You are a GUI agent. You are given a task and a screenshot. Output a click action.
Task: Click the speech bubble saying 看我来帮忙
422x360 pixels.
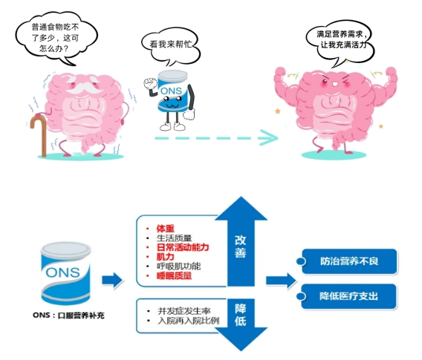click(171, 47)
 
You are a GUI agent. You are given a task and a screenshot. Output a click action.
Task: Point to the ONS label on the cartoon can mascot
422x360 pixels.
click(171, 91)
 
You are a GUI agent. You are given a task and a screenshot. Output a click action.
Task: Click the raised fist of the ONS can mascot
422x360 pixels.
click(150, 83)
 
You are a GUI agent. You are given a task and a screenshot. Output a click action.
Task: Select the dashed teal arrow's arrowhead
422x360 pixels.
click(269, 137)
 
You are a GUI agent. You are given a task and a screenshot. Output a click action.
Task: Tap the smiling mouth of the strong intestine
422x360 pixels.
click(334, 85)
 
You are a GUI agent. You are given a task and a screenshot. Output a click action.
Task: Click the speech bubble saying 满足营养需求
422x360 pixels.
click(341, 42)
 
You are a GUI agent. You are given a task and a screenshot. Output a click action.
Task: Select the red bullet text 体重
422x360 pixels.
click(165, 229)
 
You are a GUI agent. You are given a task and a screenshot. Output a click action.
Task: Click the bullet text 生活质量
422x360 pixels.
click(174, 238)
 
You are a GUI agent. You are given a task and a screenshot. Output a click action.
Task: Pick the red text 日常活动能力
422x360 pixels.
click(183, 247)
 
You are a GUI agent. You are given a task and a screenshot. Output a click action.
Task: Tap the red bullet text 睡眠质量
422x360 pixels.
click(174, 276)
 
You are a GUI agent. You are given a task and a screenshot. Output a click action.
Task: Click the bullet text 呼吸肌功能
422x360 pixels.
click(179, 266)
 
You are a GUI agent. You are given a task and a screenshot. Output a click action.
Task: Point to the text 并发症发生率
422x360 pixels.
click(184, 311)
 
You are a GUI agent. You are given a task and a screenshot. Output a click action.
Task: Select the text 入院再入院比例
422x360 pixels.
click(189, 321)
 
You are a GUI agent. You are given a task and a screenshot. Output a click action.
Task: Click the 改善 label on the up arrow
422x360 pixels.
click(240, 246)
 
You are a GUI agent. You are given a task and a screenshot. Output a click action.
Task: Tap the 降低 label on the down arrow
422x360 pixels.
click(240, 315)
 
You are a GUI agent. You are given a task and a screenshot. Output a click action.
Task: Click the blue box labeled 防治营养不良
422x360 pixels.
click(349, 261)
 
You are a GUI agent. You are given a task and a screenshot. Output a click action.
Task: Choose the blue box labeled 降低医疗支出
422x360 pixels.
click(348, 296)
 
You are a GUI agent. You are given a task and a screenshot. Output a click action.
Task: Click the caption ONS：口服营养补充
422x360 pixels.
click(68, 315)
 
